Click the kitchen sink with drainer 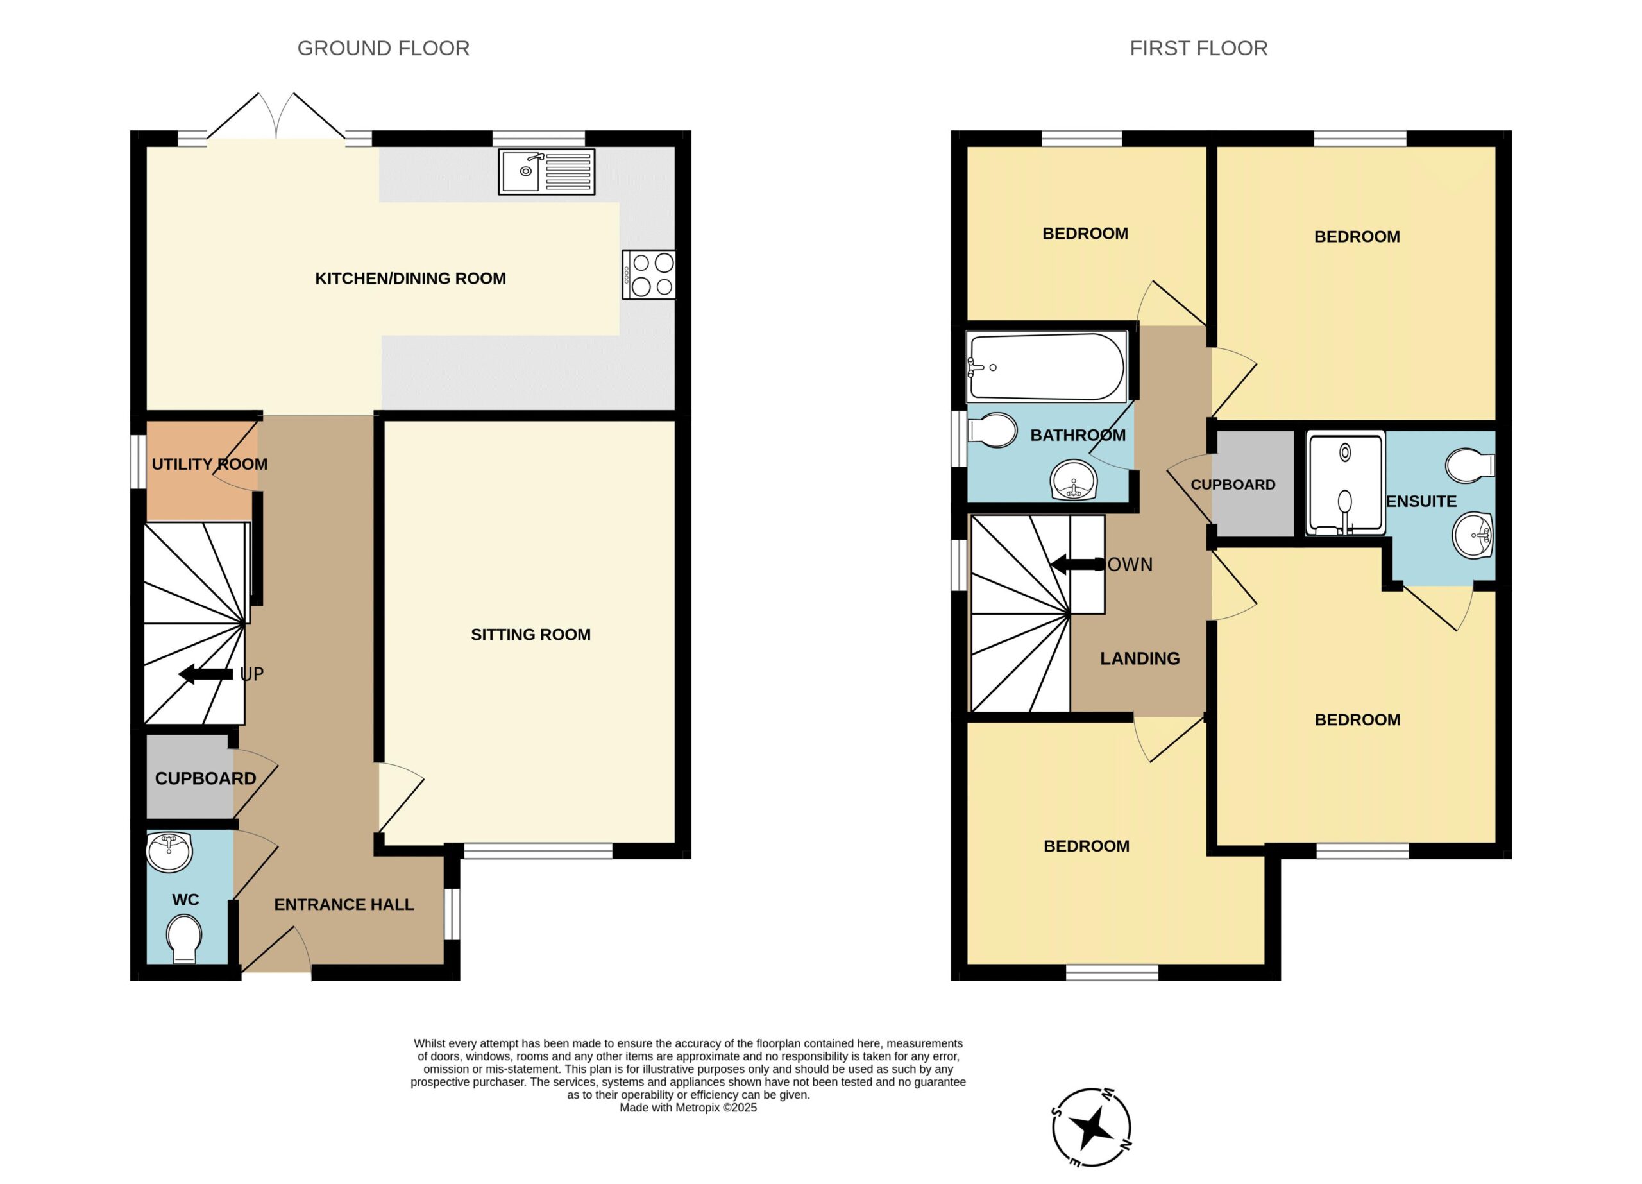[546, 171]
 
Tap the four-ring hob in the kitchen [648, 275]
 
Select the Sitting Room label [530, 635]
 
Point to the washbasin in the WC [169, 852]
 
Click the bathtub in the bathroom [1046, 367]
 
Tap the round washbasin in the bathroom [1074, 479]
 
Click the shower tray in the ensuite [1345, 483]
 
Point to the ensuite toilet [1470, 465]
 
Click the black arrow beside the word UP [206, 674]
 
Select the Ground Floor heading [384, 49]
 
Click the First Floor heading [1199, 49]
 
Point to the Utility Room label [210, 464]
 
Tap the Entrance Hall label [344, 904]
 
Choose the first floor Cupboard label [1233, 485]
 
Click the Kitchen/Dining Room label [410, 278]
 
